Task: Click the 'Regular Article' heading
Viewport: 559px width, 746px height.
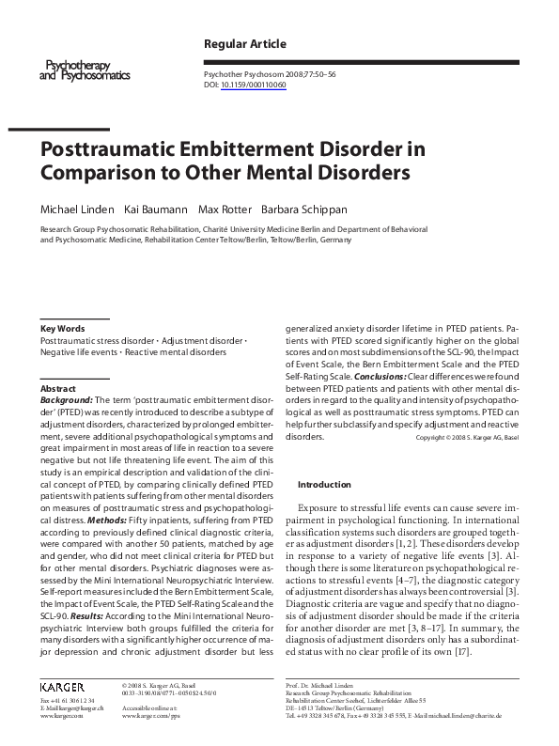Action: coord(245,44)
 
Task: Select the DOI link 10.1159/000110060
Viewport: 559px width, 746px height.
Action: coord(254,85)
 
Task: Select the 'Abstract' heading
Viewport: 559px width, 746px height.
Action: coord(57,388)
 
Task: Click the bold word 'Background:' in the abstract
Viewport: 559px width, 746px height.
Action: coord(67,400)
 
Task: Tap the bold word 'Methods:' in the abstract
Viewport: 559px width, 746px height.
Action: coord(111,520)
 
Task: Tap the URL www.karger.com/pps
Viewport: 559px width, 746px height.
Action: coord(150,716)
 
